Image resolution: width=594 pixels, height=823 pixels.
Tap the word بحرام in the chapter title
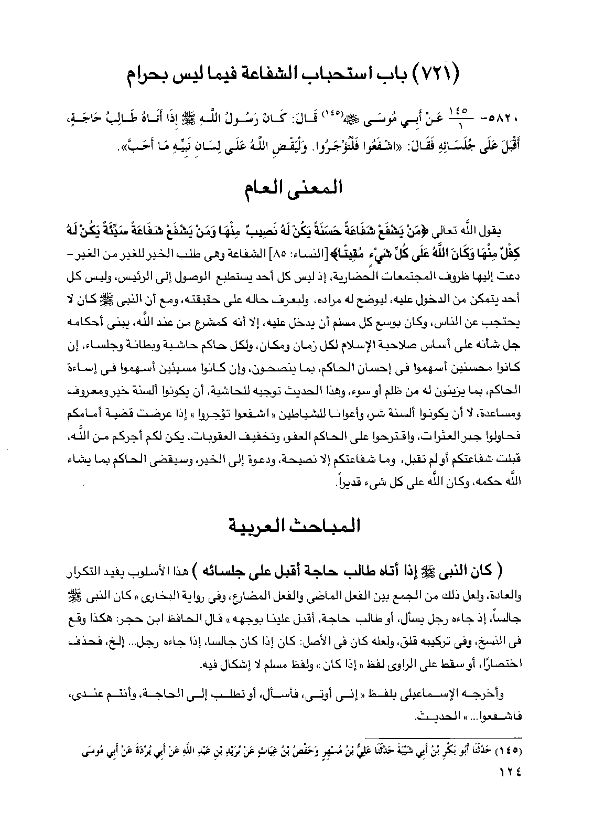(152, 77)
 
